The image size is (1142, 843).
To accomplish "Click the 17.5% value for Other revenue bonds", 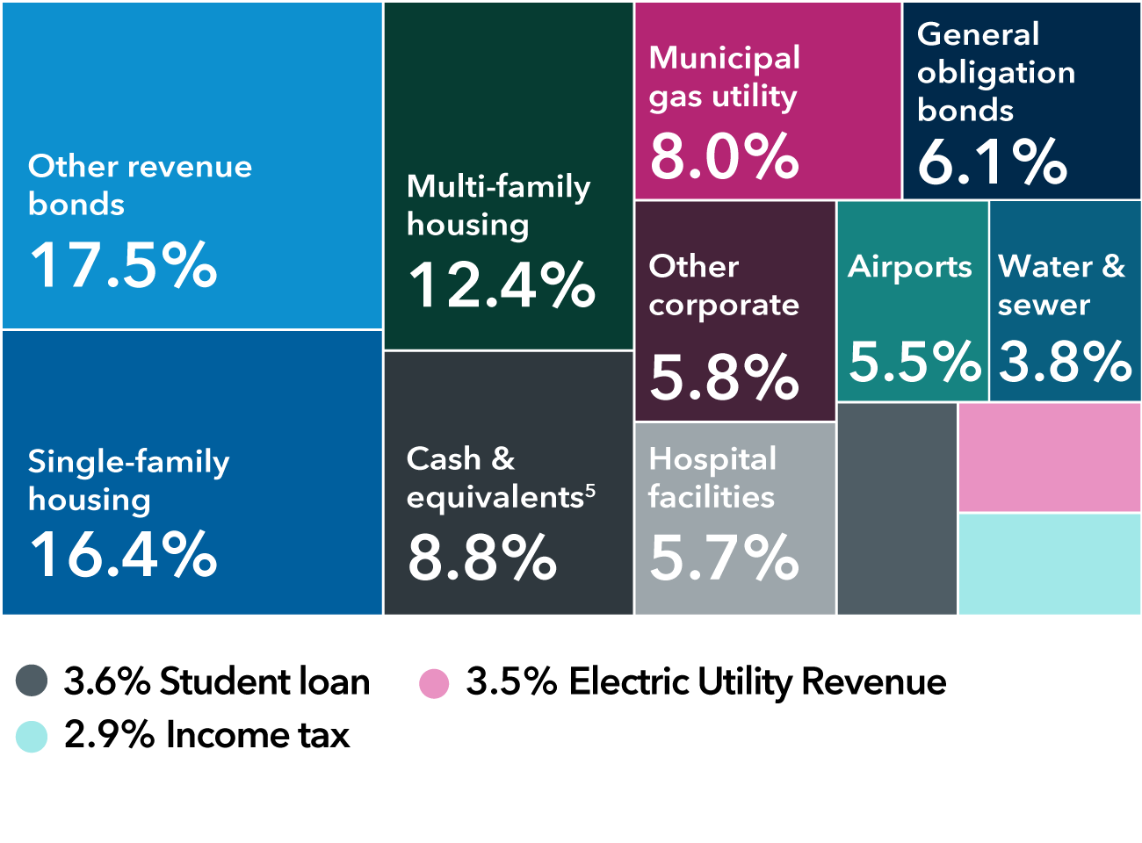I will coord(123,265).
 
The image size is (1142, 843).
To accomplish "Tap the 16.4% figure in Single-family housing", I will coord(123,555).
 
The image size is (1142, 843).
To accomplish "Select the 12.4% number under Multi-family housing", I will coord(502,285).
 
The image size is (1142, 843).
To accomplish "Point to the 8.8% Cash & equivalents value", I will coord(482,558).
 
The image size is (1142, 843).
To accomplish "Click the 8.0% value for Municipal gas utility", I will coord(725,157).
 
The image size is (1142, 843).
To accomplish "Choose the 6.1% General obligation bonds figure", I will coord(993,162).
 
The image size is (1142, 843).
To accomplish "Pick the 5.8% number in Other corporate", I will coord(725,378).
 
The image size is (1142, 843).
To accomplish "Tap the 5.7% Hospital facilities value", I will coord(725,558).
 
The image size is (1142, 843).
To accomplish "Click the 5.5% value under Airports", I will coord(914,362).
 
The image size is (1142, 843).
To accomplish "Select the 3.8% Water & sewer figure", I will coord(1066,362).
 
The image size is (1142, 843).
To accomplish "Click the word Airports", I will coord(910,267).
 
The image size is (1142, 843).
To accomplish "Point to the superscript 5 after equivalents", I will coord(590,490).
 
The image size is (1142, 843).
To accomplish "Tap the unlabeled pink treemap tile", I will coord(1049,458).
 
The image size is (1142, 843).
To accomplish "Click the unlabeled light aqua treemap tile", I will coord(1049,564).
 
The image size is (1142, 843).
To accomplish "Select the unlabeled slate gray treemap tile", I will coord(897,508).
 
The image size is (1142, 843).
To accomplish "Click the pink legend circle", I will coord(434,683).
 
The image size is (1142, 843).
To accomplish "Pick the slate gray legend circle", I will coord(32,681).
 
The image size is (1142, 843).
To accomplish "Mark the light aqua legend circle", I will coord(32,737).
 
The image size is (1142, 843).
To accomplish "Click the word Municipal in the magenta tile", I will coord(725,58).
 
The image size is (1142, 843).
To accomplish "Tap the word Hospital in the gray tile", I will coord(712,458).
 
